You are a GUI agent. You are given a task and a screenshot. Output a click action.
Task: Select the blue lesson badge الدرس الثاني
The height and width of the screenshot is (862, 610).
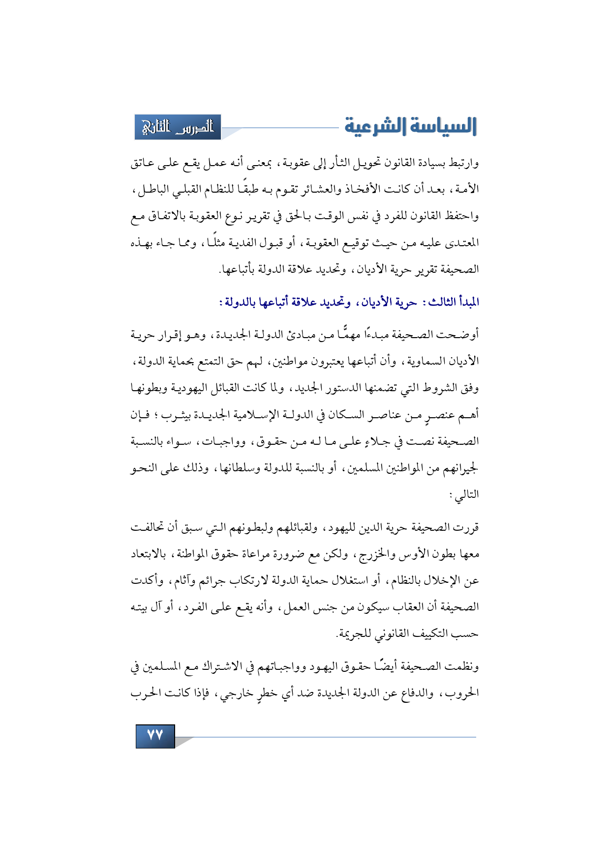[178, 127]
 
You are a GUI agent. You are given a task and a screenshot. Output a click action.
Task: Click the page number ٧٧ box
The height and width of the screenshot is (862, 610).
[155, 736]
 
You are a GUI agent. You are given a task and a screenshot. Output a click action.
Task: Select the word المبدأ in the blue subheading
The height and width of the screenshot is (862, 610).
[466, 302]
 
